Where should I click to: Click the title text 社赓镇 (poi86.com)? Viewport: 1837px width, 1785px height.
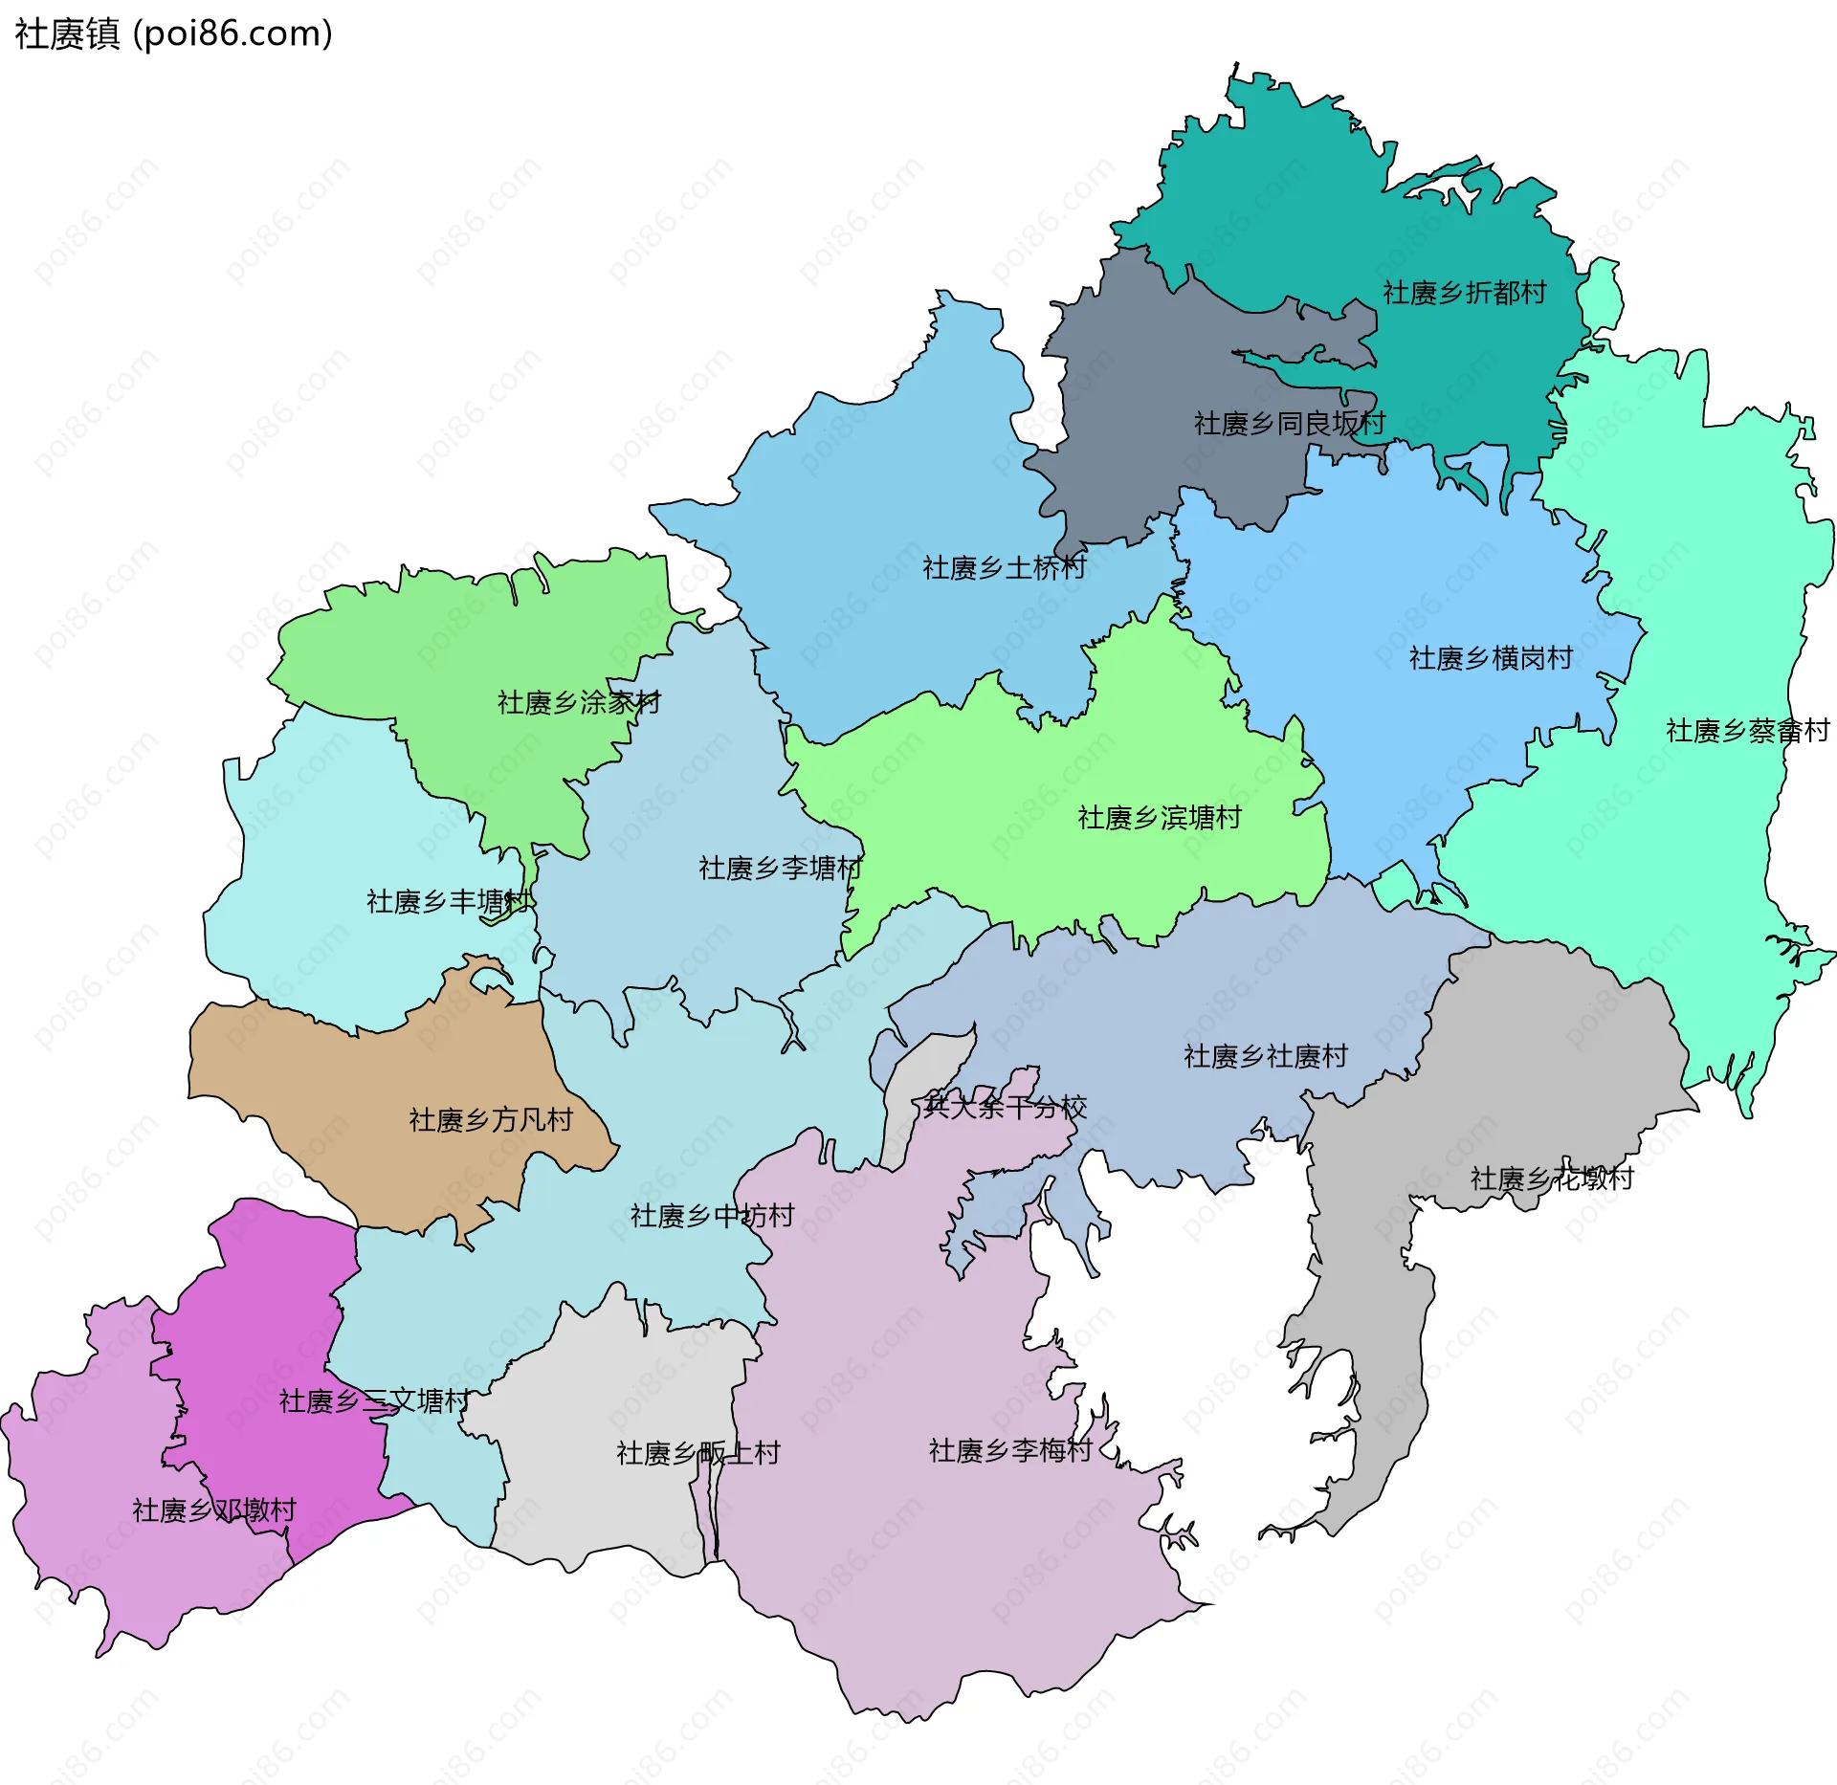point(173,34)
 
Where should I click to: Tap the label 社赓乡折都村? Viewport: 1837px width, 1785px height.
point(1464,293)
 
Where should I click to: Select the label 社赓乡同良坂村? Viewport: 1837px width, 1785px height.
point(1289,423)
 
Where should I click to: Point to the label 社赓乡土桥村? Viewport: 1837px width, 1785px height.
point(1004,567)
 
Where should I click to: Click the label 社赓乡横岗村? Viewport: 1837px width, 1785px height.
point(1491,658)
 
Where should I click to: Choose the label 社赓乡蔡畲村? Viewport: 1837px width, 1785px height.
point(1747,731)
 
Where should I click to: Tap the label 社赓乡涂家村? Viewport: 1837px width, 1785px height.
point(579,702)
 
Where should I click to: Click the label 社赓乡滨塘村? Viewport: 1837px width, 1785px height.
point(1160,817)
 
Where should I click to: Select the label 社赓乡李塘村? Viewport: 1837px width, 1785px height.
point(780,868)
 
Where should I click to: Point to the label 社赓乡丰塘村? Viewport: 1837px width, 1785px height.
point(448,901)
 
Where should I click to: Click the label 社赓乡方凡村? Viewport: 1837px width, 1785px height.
point(491,1119)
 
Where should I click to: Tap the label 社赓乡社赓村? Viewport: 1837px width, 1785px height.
point(1265,1056)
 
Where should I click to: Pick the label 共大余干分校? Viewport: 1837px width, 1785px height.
point(1005,1107)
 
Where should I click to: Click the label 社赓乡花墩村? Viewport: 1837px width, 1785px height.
point(1551,1179)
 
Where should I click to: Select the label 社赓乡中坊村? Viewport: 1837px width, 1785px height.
point(712,1216)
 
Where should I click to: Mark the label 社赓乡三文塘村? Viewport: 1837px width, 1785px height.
point(374,1401)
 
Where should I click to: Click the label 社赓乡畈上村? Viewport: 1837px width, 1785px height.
point(697,1453)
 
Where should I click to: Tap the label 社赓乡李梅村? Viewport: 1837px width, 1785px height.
point(1010,1450)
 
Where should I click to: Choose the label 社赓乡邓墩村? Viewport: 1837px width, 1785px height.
point(214,1510)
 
